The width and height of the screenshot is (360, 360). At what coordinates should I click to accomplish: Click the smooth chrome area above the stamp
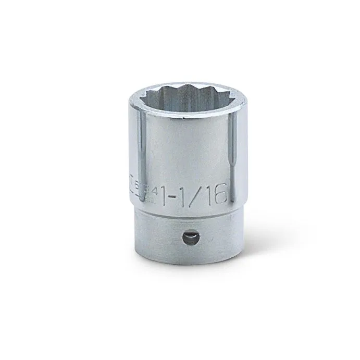click(180, 156)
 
